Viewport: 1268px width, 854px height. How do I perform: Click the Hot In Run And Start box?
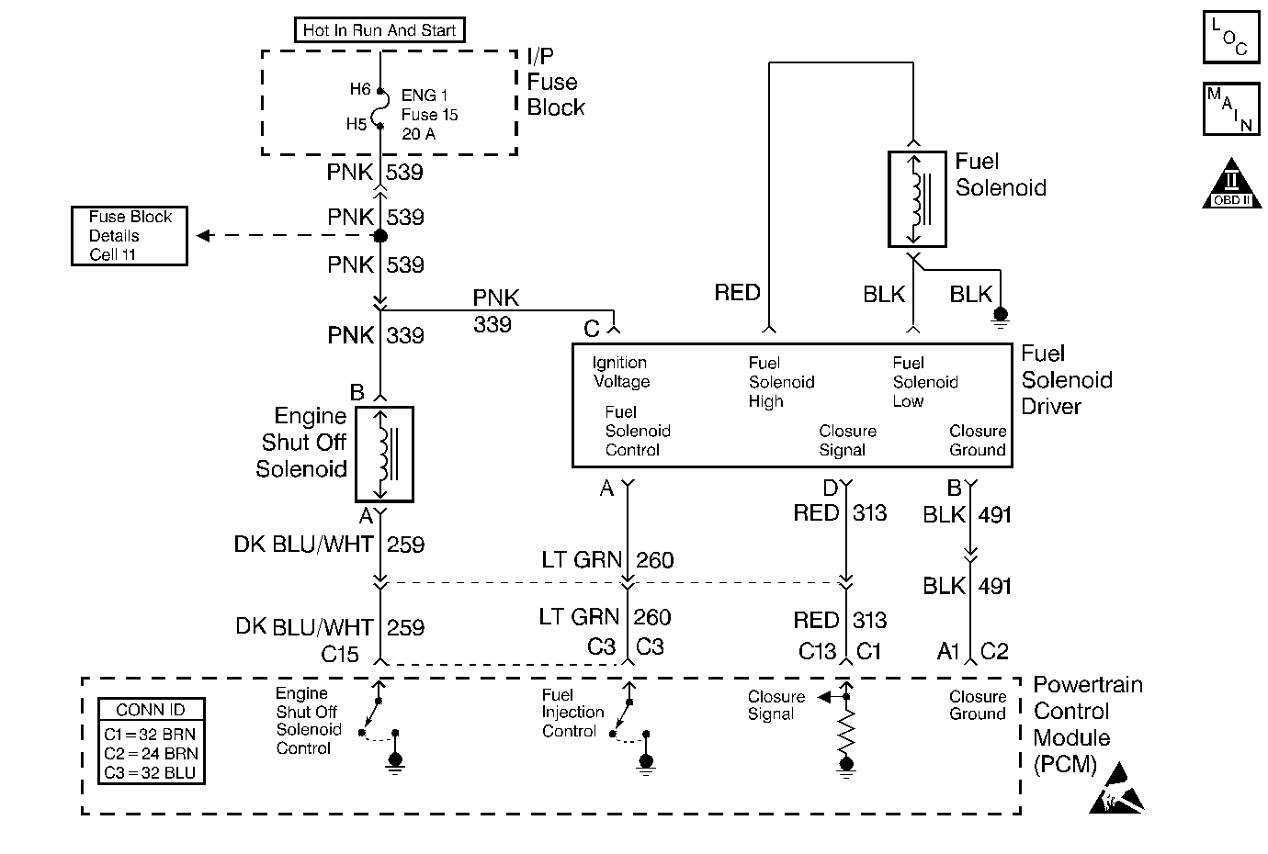pos(379,30)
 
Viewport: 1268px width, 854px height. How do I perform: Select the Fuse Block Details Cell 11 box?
pos(130,236)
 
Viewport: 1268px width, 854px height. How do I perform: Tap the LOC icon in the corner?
pos(1230,38)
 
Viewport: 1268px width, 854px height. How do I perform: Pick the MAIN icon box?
pos(1230,109)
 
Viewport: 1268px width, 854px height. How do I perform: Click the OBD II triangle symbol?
pos(1231,185)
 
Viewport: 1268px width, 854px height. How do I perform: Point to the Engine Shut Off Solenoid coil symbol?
pos(384,455)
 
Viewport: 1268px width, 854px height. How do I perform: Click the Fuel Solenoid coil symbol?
pos(916,199)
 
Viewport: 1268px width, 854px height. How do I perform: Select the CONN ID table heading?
pos(151,710)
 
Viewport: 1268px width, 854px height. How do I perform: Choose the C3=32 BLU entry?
pos(151,772)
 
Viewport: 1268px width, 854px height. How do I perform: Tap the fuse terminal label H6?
pos(359,90)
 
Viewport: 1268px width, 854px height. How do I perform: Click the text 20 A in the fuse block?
pos(419,134)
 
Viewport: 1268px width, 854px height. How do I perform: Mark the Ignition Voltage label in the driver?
pos(620,372)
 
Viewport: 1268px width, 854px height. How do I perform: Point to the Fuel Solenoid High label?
pos(781,382)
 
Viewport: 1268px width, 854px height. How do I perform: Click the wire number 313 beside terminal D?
pos(869,512)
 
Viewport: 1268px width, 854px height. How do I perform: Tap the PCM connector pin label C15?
pos(340,654)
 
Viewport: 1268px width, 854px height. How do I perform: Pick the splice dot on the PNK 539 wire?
pos(379,236)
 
